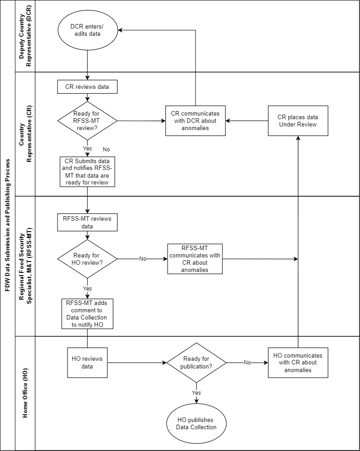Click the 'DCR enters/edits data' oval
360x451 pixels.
[x=87, y=30]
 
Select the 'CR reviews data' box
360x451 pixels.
[x=87, y=87]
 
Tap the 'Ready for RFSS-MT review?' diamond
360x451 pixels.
[x=87, y=121]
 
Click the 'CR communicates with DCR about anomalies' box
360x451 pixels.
[x=195, y=121]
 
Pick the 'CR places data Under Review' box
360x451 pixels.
[x=298, y=121]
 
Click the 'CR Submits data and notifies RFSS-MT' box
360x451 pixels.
[x=87, y=172]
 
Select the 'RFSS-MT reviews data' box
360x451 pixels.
[x=87, y=223]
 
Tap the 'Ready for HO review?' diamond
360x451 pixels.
[x=87, y=259]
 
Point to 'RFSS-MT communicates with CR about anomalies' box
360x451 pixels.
[x=195, y=259]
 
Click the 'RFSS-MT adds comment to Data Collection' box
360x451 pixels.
[x=87, y=314]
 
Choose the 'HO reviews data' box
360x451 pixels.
[x=87, y=363]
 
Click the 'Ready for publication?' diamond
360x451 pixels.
[x=197, y=363]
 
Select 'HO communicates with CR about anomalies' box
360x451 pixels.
[x=298, y=363]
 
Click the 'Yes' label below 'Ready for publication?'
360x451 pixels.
[x=197, y=393]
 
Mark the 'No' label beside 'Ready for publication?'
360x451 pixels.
[x=247, y=363]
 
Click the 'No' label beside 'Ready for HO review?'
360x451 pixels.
[x=143, y=259]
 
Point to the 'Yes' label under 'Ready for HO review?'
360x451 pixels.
[x=87, y=289]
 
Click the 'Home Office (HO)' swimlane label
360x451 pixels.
[x=25, y=393]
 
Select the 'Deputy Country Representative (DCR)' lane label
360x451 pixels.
[x=25, y=36]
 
